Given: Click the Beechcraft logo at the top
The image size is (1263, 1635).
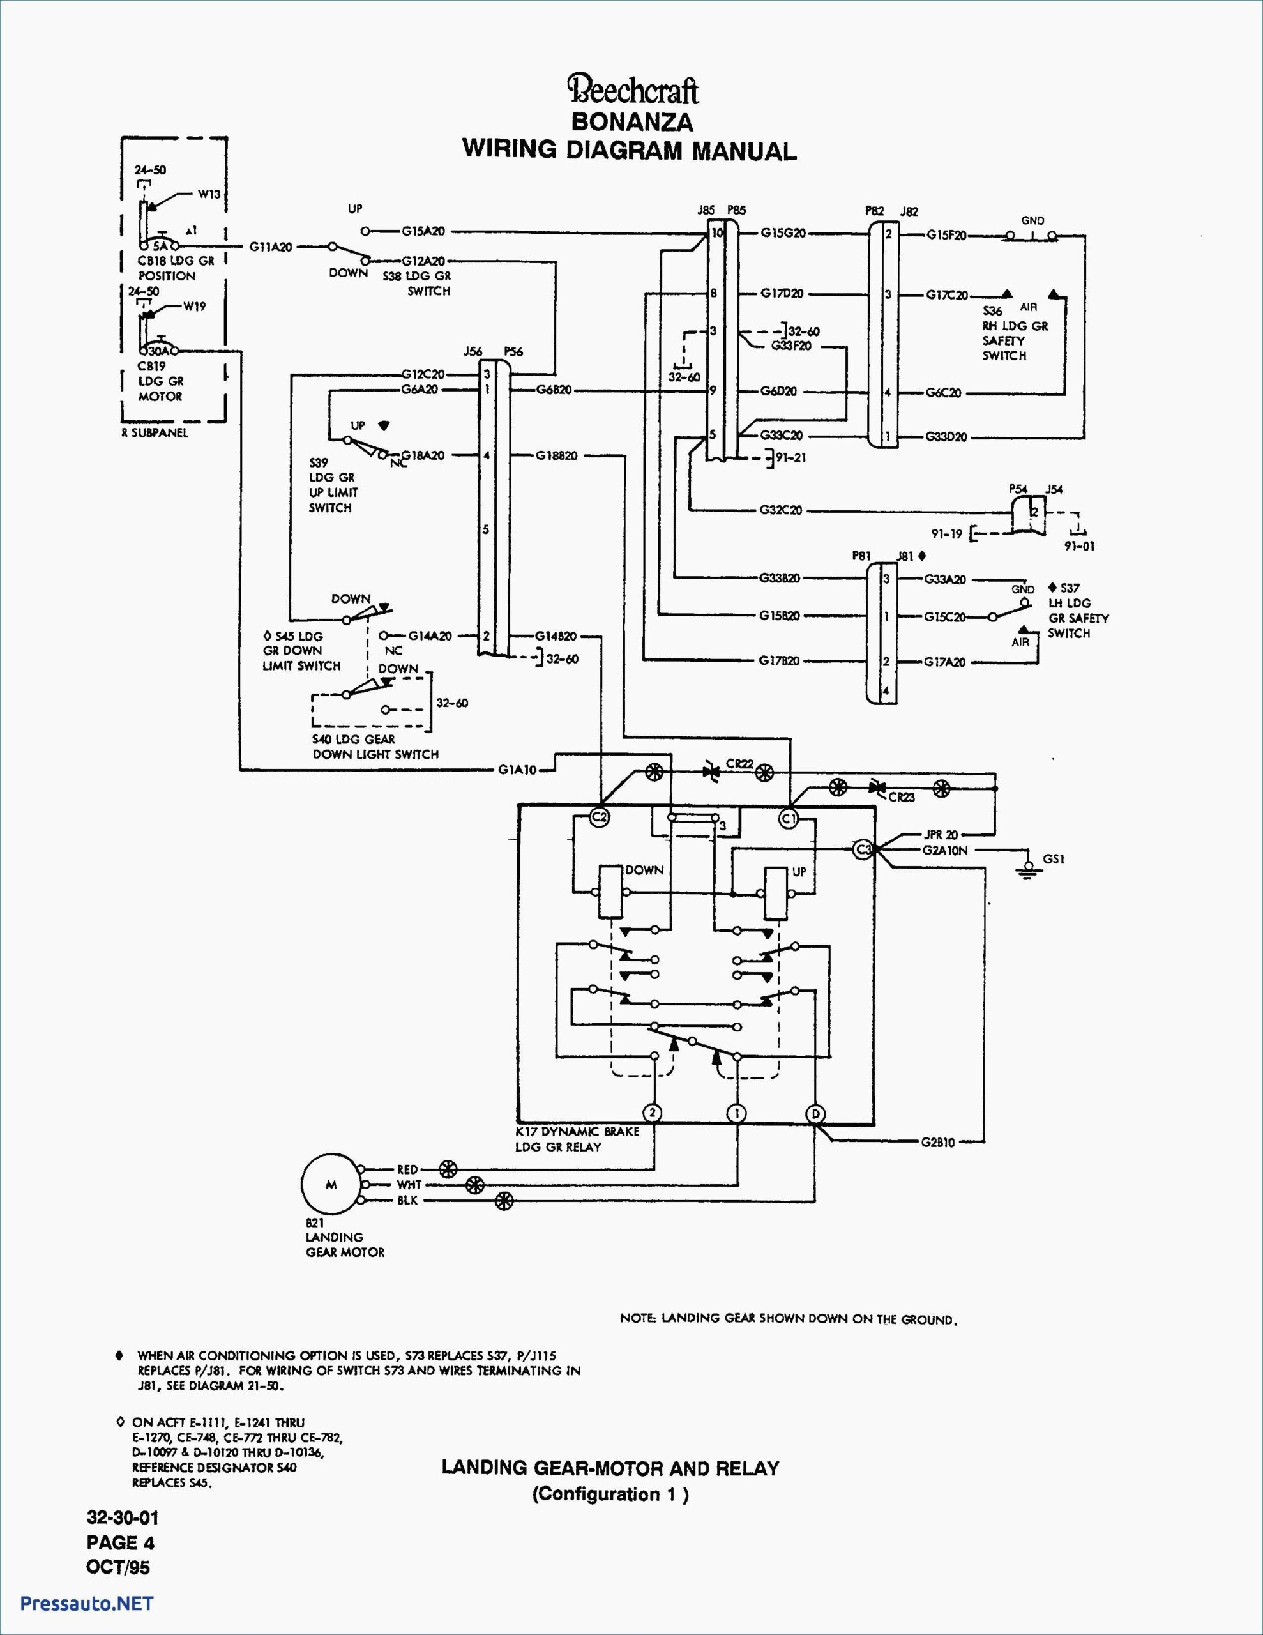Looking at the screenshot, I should coord(633,90).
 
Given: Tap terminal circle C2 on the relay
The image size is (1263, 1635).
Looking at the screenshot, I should coord(600,817).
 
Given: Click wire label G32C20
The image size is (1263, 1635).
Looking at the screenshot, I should coord(780,510).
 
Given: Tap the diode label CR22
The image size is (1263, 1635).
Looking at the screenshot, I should coord(739,763).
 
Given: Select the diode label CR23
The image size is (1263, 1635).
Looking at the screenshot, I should coord(902,797).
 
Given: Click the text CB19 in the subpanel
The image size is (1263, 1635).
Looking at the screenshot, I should coord(151,366).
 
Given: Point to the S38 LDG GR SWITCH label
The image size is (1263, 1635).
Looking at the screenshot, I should coord(416,283).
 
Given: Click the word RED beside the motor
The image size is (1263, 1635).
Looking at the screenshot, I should coord(407,1169).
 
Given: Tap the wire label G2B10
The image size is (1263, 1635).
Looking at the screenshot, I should coord(938,1143).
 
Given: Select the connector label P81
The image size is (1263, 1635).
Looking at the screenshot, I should coord(861,556).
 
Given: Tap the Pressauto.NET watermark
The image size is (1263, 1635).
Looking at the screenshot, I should coord(87,1603).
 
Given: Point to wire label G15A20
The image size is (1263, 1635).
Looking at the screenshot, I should coord(423,231).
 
